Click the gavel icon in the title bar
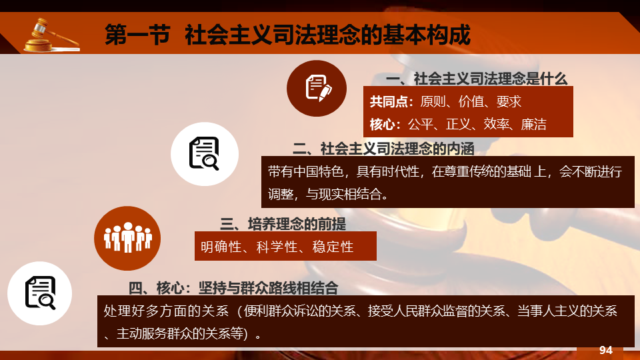tap(51, 35)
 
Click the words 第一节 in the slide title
tap(137, 35)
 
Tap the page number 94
tap(606, 350)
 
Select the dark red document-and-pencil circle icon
tap(317, 88)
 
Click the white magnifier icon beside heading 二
tap(205, 154)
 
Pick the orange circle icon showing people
tap(127, 238)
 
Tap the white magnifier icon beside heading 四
tap(39, 293)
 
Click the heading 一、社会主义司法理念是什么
tap(477, 79)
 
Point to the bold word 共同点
tap(389, 101)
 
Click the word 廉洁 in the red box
tap(533, 124)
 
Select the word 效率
tap(496, 124)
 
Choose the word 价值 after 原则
tap(471, 101)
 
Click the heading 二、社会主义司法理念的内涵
tap(383, 149)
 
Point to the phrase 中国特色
tap(319, 171)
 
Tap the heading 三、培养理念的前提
tap(283, 224)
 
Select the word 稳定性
tap(333, 247)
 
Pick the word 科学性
tap(277, 247)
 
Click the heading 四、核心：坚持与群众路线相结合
tap(233, 288)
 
